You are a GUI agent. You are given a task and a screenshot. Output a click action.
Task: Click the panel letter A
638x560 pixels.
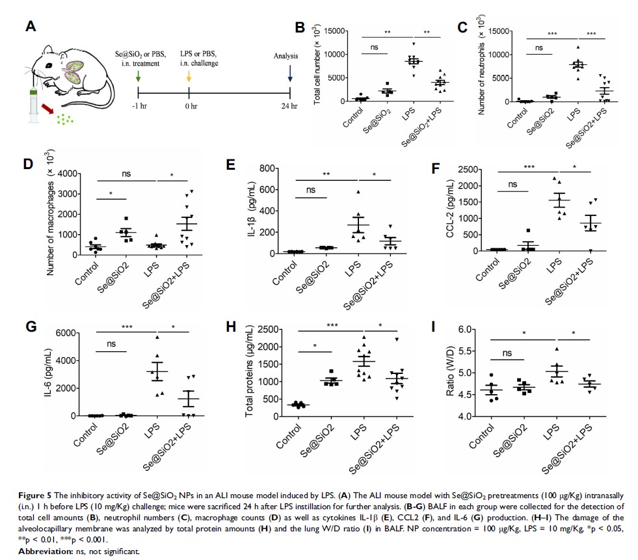point(30,27)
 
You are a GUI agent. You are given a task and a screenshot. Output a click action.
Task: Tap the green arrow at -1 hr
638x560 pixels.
point(139,75)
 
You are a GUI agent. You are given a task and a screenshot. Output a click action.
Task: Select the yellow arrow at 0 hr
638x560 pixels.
point(189,75)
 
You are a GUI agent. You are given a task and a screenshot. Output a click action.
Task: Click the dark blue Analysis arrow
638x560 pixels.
point(289,75)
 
